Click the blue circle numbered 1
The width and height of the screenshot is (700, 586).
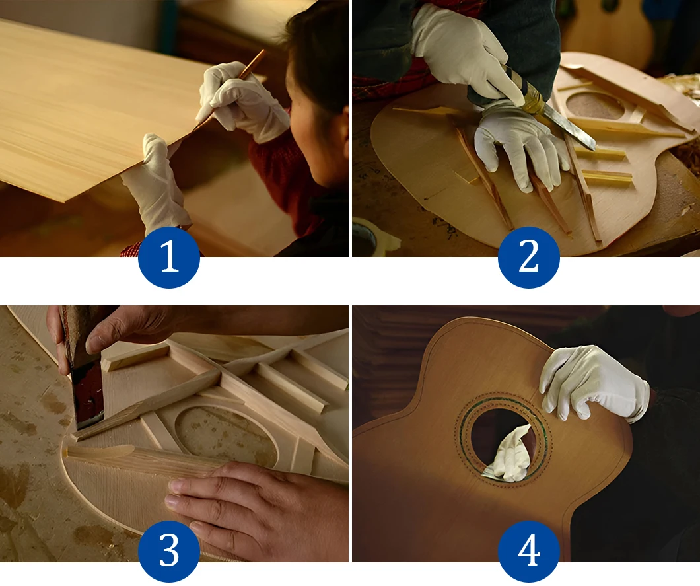(x=169, y=257)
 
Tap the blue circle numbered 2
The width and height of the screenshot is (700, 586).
(x=528, y=257)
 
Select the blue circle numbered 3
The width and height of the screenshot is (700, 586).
(x=169, y=551)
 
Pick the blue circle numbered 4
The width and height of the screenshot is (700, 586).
(x=528, y=551)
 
